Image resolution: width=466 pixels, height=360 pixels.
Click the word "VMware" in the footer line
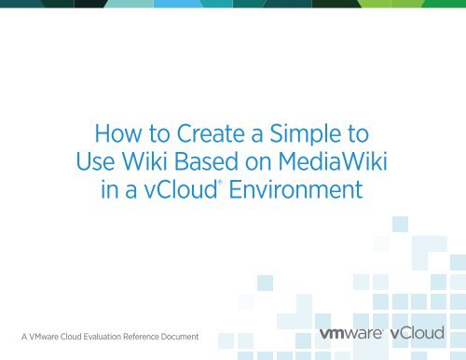tap(44, 334)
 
